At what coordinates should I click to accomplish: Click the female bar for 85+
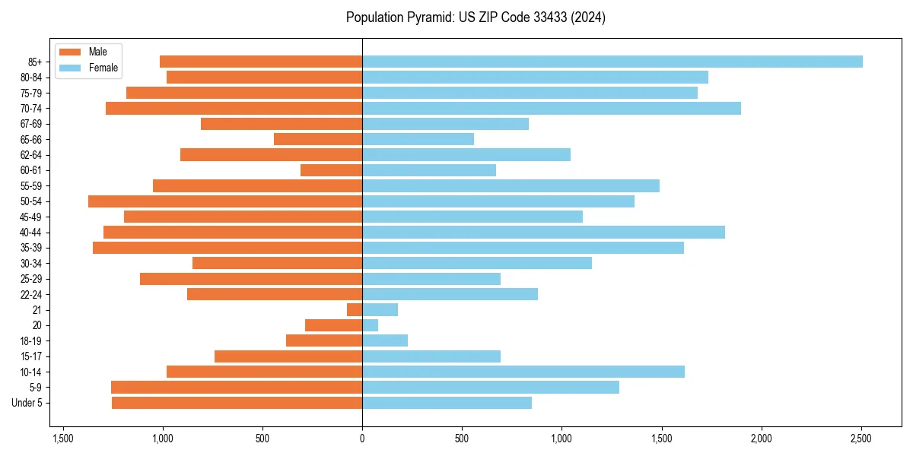click(612, 62)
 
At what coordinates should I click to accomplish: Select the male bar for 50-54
click(225, 201)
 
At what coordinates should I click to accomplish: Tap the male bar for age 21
click(355, 310)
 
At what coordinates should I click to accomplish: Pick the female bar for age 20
click(371, 325)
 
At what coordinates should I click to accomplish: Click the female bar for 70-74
click(552, 108)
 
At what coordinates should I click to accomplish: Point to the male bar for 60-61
click(332, 170)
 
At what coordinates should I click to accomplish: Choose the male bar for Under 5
click(237, 403)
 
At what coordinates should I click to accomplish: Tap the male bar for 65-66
click(318, 139)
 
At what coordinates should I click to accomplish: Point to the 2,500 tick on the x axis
click(861, 439)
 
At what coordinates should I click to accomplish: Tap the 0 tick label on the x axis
click(362, 439)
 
